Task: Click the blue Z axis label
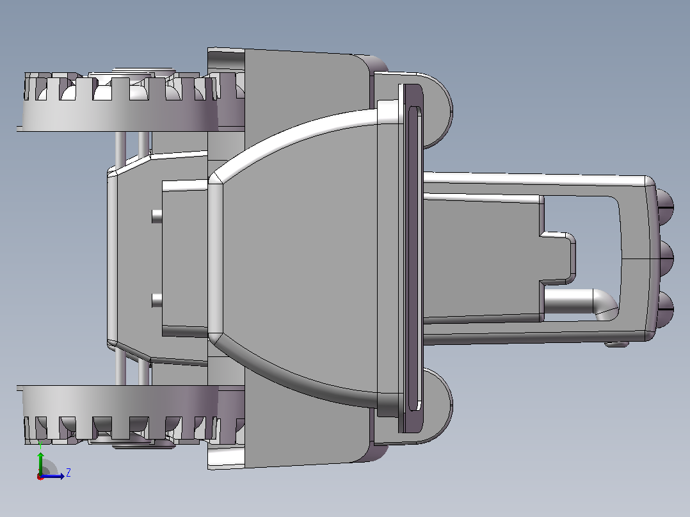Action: click(x=68, y=473)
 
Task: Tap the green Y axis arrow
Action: click(x=40, y=462)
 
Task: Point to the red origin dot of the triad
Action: click(x=40, y=477)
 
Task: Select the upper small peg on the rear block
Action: click(x=157, y=216)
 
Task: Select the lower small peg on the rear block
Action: click(x=157, y=301)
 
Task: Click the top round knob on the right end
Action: click(x=665, y=205)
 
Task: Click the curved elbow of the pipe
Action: click(x=606, y=303)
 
